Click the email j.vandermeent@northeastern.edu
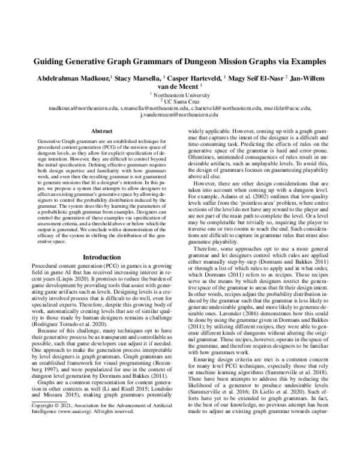pyautogui.click(x=179, y=115)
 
